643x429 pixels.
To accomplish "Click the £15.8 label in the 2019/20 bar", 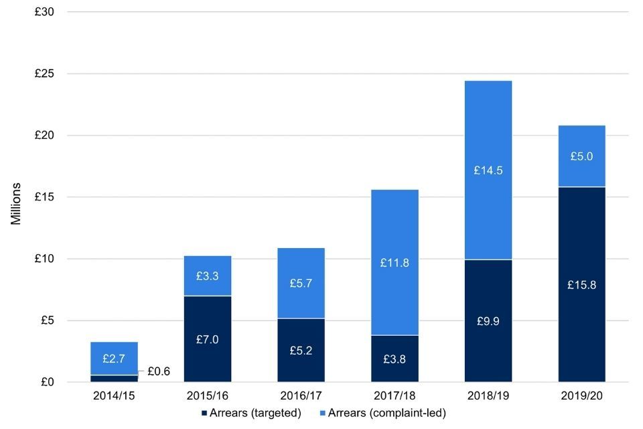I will tap(581, 285).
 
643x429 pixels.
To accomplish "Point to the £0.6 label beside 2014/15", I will tap(159, 371).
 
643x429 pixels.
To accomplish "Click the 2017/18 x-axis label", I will tap(395, 396).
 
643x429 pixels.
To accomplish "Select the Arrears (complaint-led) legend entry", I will tap(382, 413).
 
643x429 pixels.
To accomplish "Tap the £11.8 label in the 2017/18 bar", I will tap(395, 263).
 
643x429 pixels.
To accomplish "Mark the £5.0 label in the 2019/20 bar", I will tap(581, 156).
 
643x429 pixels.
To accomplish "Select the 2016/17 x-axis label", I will tap(301, 396).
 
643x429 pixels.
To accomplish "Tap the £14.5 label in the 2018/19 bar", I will tap(488, 170).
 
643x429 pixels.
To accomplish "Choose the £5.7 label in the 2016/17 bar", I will tap(301, 284).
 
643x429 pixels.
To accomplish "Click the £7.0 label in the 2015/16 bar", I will tap(208, 339).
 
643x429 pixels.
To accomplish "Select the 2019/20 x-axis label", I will tap(581, 396).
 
